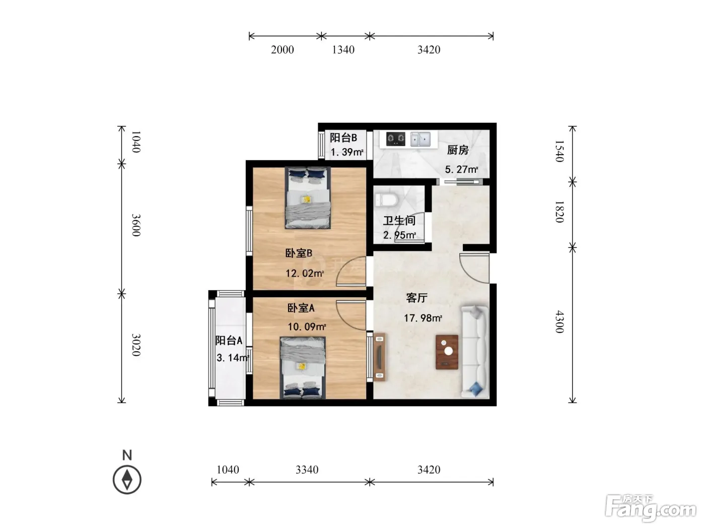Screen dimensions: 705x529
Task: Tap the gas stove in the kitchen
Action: [395, 139]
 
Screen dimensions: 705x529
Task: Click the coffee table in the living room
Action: [447, 352]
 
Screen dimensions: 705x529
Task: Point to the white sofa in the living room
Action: [475, 352]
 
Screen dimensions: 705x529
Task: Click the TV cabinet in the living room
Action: [379, 357]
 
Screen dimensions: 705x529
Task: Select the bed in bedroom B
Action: [307, 197]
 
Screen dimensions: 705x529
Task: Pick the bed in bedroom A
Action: [303, 368]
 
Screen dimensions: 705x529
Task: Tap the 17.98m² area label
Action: [423, 318]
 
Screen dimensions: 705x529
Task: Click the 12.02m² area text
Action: [305, 274]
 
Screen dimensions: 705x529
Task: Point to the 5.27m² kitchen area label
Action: [462, 169]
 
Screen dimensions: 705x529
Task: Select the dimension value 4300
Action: [559, 321]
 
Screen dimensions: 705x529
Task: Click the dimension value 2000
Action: [283, 50]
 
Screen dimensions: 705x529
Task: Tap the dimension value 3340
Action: [307, 470]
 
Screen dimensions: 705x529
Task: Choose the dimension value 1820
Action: [559, 212]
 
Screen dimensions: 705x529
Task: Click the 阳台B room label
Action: [343, 138]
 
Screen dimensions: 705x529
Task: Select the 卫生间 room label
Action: [399, 221]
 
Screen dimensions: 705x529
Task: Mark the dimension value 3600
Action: [136, 225]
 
